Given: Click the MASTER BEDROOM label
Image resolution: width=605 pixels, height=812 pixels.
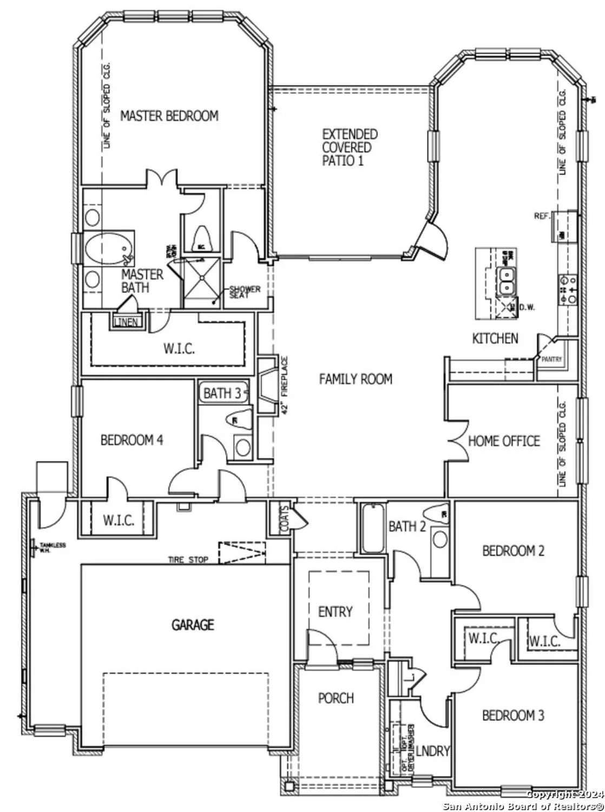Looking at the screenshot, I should (x=169, y=115).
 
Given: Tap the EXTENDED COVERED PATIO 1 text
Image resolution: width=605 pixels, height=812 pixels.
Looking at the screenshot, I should (x=350, y=147).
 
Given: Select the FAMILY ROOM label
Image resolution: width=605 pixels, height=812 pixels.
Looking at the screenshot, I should (x=356, y=379).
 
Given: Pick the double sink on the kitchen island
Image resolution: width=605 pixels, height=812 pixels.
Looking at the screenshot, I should (x=506, y=281).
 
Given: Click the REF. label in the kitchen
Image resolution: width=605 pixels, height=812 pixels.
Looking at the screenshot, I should (x=542, y=216).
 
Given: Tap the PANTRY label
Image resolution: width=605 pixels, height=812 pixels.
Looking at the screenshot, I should (x=551, y=359).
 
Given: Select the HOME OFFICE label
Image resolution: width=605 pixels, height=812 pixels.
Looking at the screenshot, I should (x=504, y=441).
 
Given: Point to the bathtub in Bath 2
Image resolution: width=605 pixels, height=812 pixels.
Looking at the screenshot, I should (x=372, y=528).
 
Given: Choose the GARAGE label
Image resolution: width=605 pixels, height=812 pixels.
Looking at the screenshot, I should (x=193, y=625).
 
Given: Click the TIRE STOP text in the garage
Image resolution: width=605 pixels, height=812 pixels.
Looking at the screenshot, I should (x=188, y=560).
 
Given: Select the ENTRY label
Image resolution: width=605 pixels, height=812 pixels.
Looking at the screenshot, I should (x=335, y=612).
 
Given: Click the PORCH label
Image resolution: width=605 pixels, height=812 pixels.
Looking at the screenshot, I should (x=336, y=698).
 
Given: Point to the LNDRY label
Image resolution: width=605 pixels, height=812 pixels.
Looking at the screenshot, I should (x=433, y=751).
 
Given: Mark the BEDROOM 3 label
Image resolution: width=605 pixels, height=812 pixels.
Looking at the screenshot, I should (x=513, y=716).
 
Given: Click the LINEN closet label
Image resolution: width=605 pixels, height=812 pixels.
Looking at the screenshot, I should (x=126, y=323).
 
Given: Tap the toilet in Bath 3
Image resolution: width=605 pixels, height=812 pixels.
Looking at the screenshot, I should (x=241, y=420).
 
